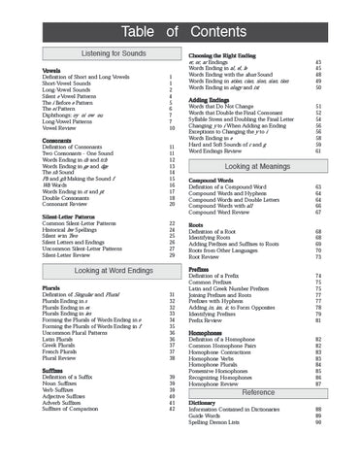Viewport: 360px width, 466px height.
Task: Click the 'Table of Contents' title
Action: click(180, 22)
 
